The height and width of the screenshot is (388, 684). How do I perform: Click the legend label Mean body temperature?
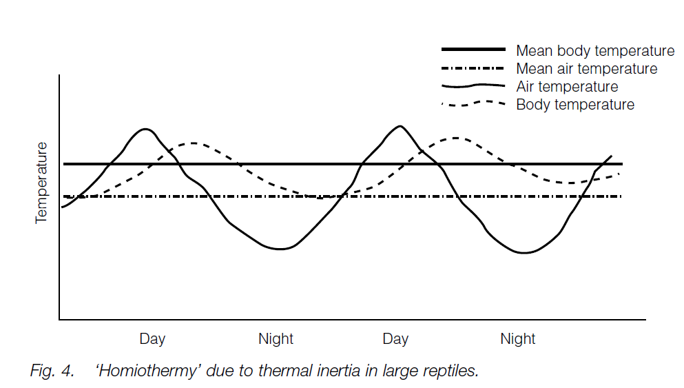point(595,51)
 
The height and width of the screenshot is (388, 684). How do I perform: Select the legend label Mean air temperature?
point(586,69)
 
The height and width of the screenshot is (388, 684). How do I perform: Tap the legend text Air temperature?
point(567,87)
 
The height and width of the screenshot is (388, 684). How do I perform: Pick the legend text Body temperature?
point(575,105)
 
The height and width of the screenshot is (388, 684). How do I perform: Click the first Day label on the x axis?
point(152,339)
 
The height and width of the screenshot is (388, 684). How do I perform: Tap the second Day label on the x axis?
point(395,339)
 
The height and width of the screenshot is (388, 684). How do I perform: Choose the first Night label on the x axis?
point(276,339)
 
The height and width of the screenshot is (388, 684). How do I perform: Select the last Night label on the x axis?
point(518,339)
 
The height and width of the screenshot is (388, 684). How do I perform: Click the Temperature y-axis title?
point(42,183)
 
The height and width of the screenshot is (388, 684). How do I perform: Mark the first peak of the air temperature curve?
point(145,129)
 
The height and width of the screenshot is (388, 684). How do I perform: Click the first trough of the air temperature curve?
point(279,249)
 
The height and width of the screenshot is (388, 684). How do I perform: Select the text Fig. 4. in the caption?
point(52,371)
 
